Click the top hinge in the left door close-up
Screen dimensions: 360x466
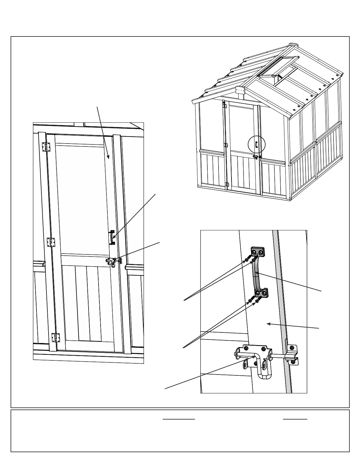click(x=46, y=147)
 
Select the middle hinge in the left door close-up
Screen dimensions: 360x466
click(x=51, y=242)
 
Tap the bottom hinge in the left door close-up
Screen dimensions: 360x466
click(x=55, y=337)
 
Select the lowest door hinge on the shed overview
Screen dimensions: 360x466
click(x=226, y=184)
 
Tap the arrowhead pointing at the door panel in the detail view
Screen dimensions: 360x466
click(x=268, y=324)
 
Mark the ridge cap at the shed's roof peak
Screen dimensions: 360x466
click(x=293, y=45)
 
